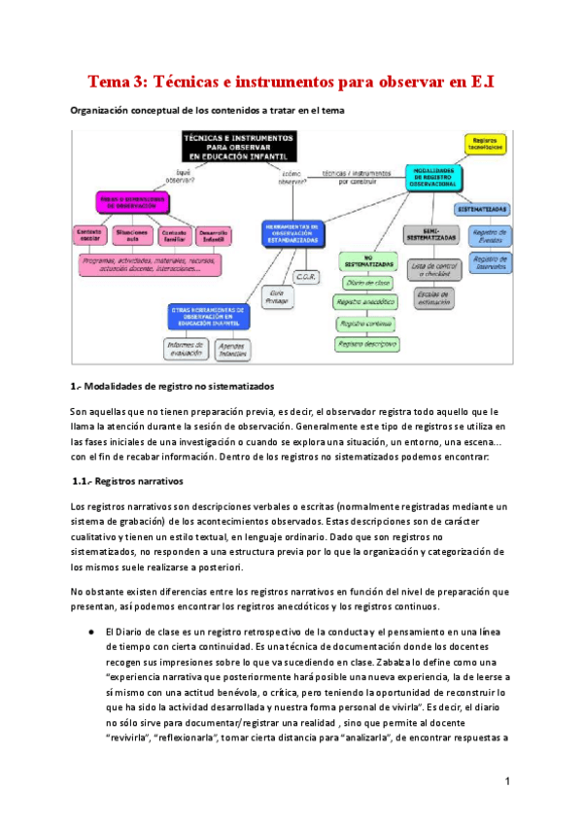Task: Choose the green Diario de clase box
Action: click(366, 283)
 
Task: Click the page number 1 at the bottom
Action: click(507, 780)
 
